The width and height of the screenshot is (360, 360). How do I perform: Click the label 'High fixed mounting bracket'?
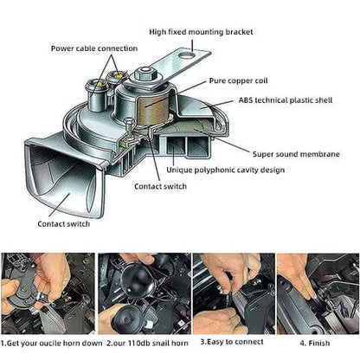point(201,32)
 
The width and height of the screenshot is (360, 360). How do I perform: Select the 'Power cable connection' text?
point(93,49)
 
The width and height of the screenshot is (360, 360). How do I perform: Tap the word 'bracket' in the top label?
point(238,32)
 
